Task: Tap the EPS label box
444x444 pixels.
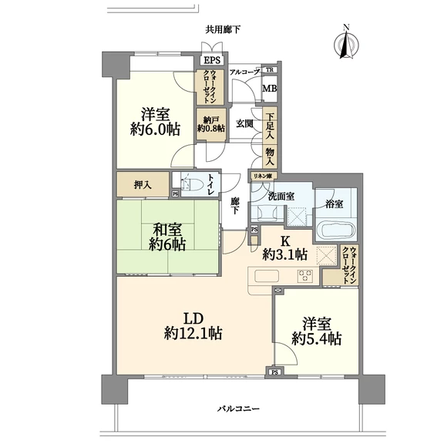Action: click(212, 60)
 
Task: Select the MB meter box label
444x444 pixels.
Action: click(269, 89)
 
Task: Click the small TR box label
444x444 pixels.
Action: click(270, 69)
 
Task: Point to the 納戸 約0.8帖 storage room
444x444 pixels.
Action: click(211, 125)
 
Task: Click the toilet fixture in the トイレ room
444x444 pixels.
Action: click(189, 185)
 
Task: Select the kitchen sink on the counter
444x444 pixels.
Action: click(267, 276)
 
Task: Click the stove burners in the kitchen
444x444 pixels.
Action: click(305, 276)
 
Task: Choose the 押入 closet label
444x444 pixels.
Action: click(143, 186)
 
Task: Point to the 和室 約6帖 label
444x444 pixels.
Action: click(167, 237)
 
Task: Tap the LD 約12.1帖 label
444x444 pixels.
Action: click(193, 326)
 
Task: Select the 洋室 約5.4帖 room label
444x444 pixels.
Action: click(317, 331)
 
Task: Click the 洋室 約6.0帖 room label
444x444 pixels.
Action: click(155, 122)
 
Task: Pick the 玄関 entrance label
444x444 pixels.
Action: click(244, 124)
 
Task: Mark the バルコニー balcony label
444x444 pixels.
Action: click(238, 409)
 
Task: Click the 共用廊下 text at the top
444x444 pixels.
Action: click(223, 29)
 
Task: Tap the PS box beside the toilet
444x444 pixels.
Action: click(176, 194)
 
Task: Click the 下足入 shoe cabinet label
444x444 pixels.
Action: click(270, 126)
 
